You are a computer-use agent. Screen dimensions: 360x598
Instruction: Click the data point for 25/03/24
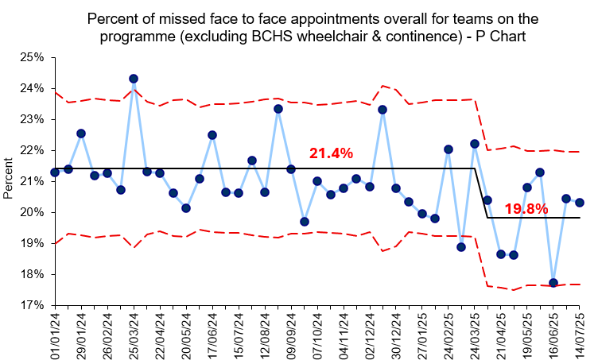[x=134, y=79]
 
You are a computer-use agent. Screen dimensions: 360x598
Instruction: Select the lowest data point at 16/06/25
[x=553, y=283]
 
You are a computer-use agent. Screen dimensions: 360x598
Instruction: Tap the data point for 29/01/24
[x=81, y=134]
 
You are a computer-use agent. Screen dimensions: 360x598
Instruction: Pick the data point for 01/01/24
[x=55, y=172]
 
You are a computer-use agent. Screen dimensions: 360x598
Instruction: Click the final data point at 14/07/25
[x=580, y=202]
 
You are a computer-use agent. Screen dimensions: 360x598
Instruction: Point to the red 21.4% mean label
[x=331, y=153]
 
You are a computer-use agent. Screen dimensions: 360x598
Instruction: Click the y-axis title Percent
[x=9, y=181]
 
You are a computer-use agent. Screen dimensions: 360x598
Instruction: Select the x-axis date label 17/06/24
[x=212, y=334]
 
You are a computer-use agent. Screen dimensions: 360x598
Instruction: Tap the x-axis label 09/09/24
[x=291, y=334]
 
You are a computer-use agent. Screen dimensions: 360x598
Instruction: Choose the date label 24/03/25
[x=475, y=334]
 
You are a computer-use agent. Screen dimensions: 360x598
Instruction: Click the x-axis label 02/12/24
[x=370, y=334]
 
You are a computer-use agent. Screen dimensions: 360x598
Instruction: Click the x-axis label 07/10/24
[x=317, y=334]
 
